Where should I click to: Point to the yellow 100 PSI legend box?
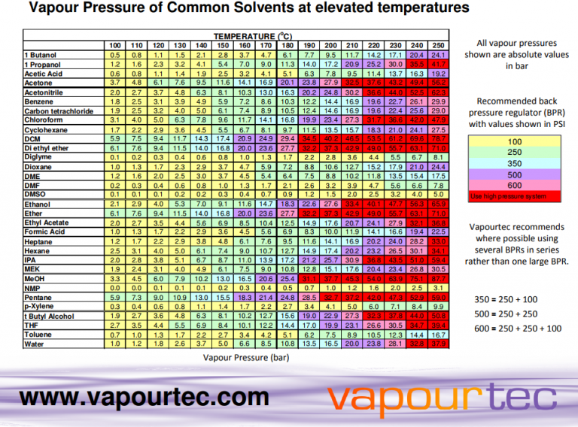click(x=515, y=141)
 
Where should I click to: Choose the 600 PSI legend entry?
click(x=515, y=184)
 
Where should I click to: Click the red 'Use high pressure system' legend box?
click(x=515, y=196)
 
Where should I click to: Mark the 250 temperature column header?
click(x=438, y=45)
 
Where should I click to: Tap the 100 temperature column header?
click(x=115, y=45)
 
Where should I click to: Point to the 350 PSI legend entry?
click(x=515, y=162)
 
